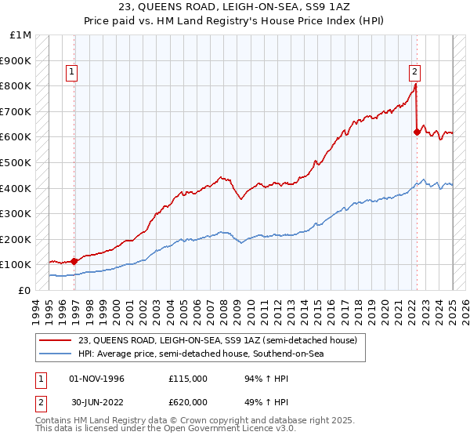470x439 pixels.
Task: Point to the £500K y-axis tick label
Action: point(16,163)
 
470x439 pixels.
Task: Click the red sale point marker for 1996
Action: point(74,261)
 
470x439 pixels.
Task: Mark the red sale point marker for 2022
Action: point(417,132)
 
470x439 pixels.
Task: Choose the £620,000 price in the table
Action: point(187,401)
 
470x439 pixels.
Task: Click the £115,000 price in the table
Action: point(187,379)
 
